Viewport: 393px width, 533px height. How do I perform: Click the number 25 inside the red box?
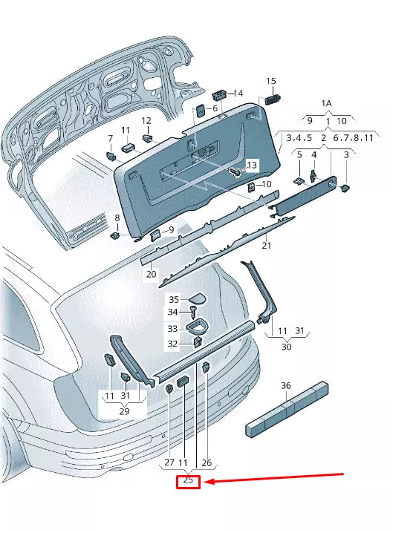188,481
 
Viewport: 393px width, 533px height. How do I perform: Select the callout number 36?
286,386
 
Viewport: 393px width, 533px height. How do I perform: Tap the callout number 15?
270,81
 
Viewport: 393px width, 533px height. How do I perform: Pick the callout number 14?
238,94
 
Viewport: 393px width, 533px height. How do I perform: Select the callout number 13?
251,165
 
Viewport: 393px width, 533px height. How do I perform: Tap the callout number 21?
266,246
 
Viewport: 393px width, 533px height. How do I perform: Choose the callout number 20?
151,274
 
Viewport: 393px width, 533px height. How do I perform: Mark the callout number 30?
286,346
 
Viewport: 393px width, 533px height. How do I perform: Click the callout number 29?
124,411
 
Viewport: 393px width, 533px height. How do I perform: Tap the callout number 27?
169,462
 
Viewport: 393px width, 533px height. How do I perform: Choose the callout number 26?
207,462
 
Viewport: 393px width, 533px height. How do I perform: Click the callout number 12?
146,120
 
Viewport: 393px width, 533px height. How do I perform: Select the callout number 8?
116,218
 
